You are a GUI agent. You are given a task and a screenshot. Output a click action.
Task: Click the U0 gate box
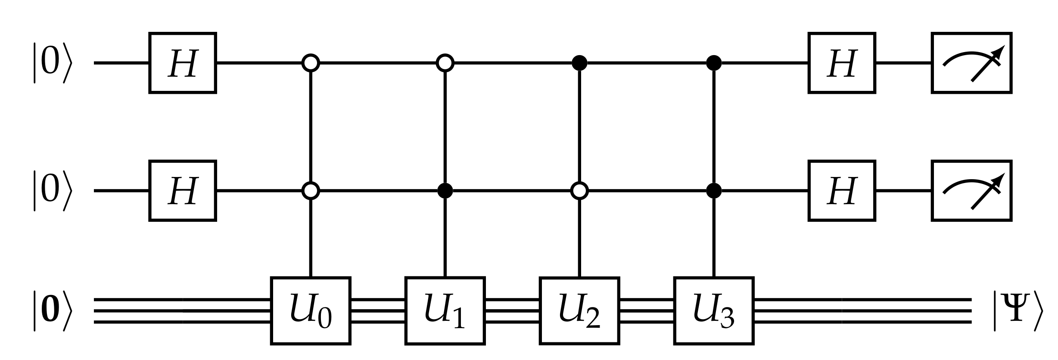tap(311, 310)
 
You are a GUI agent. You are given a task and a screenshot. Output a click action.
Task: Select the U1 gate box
tap(445, 310)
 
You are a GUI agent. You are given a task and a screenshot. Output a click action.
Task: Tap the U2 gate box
tap(579, 310)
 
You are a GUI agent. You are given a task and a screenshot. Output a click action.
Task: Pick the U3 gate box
tap(714, 310)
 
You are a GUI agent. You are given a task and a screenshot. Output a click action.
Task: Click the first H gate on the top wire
tap(183, 63)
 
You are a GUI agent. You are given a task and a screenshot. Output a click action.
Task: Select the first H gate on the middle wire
tap(183, 190)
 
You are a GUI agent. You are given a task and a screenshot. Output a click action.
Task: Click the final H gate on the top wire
tap(842, 63)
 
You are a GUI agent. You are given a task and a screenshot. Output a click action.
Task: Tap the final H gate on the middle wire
tap(842, 190)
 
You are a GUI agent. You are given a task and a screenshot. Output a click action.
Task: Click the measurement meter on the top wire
tap(971, 63)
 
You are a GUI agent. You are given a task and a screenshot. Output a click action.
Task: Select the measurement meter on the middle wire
tap(971, 190)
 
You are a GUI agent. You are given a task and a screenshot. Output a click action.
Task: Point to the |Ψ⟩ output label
tap(1018, 311)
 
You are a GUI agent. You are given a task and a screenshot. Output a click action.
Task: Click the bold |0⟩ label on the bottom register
tap(51, 311)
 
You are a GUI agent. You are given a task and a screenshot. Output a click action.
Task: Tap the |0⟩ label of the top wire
tap(51, 63)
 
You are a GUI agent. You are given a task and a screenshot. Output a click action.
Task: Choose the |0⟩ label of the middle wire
tap(51, 190)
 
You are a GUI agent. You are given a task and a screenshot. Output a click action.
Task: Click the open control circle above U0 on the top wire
tap(311, 63)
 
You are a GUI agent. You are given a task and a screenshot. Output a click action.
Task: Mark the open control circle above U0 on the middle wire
tap(311, 190)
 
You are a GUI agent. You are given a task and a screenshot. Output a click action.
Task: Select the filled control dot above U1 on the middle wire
tap(445, 190)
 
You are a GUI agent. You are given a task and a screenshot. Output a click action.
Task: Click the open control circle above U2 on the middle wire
tap(579, 190)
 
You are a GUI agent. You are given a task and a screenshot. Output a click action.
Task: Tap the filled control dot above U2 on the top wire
tap(579, 63)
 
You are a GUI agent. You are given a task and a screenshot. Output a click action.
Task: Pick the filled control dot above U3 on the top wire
tap(714, 63)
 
